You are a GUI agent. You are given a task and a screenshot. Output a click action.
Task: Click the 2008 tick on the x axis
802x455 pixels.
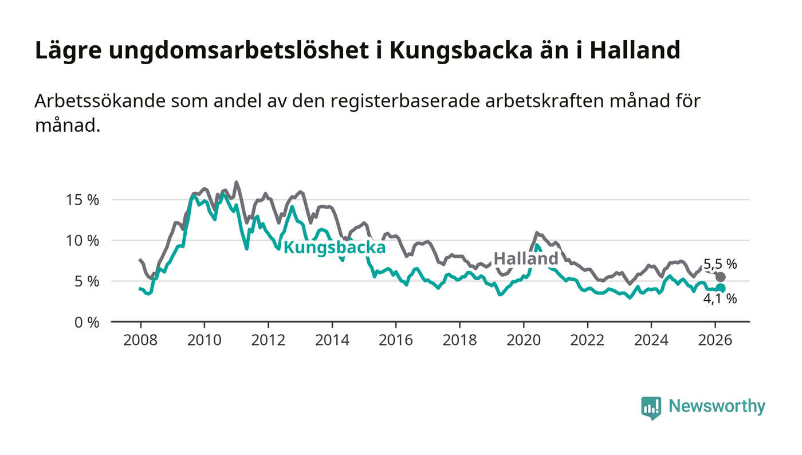(x=141, y=340)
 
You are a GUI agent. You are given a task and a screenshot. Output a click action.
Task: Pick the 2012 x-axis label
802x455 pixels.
(x=268, y=340)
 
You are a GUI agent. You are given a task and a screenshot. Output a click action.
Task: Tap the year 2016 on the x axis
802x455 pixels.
(x=396, y=340)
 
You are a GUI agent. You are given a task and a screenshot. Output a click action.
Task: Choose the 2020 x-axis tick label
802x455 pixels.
(x=524, y=340)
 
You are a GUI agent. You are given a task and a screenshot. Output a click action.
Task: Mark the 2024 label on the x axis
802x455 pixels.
(x=651, y=340)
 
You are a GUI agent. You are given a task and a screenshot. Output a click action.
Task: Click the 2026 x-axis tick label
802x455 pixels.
(x=715, y=340)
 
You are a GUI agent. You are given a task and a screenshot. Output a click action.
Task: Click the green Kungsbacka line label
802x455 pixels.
(x=335, y=248)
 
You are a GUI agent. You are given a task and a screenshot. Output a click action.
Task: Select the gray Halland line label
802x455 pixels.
(x=526, y=258)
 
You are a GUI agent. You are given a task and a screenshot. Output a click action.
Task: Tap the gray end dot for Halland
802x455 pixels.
(x=721, y=277)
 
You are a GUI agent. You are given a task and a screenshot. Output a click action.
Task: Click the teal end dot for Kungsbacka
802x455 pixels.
(x=721, y=288)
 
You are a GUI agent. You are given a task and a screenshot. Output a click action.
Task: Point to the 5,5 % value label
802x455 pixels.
(x=720, y=264)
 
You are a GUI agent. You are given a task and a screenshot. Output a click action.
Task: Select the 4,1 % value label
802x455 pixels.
(x=720, y=299)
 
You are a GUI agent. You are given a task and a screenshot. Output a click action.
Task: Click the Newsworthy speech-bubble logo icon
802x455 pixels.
(x=651, y=407)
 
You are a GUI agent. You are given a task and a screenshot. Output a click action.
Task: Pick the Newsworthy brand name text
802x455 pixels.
(x=717, y=406)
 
